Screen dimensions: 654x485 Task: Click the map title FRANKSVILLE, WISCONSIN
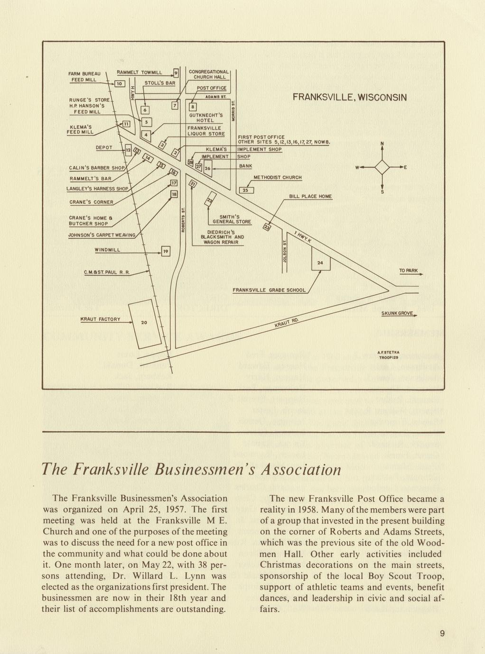tap(349, 98)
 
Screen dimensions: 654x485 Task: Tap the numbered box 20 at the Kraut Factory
tap(144, 323)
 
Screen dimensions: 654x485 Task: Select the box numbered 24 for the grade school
tap(320, 263)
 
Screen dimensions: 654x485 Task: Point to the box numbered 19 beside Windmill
tap(165, 252)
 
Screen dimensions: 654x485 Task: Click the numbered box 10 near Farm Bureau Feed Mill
tap(120, 84)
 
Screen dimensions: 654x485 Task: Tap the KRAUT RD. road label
tap(287, 323)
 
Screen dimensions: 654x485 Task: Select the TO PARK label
tap(409, 271)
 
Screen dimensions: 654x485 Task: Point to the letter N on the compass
tap(382, 144)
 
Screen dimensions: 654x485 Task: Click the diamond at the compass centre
tap(382, 167)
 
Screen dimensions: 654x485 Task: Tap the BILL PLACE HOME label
tap(310, 196)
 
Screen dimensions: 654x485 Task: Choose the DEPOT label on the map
tap(104, 148)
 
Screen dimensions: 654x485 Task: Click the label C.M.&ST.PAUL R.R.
tap(107, 272)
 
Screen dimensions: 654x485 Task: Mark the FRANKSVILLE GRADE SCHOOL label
tap(269, 290)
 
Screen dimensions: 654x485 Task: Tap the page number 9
tap(442, 634)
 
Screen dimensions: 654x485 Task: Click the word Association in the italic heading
tap(299, 469)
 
